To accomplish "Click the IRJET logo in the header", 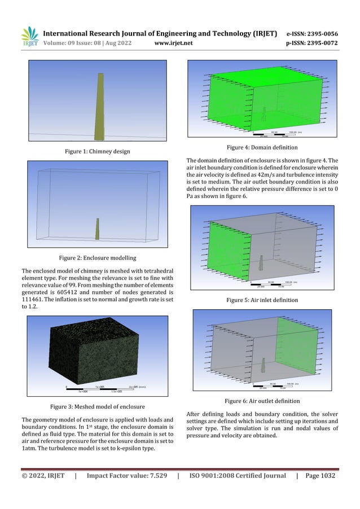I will coord(29,36).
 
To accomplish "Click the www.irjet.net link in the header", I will coord(173,42).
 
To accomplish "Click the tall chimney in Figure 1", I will coord(99,107).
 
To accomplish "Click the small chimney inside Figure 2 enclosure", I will coord(97,229).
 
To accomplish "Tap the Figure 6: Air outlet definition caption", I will coord(262,401).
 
